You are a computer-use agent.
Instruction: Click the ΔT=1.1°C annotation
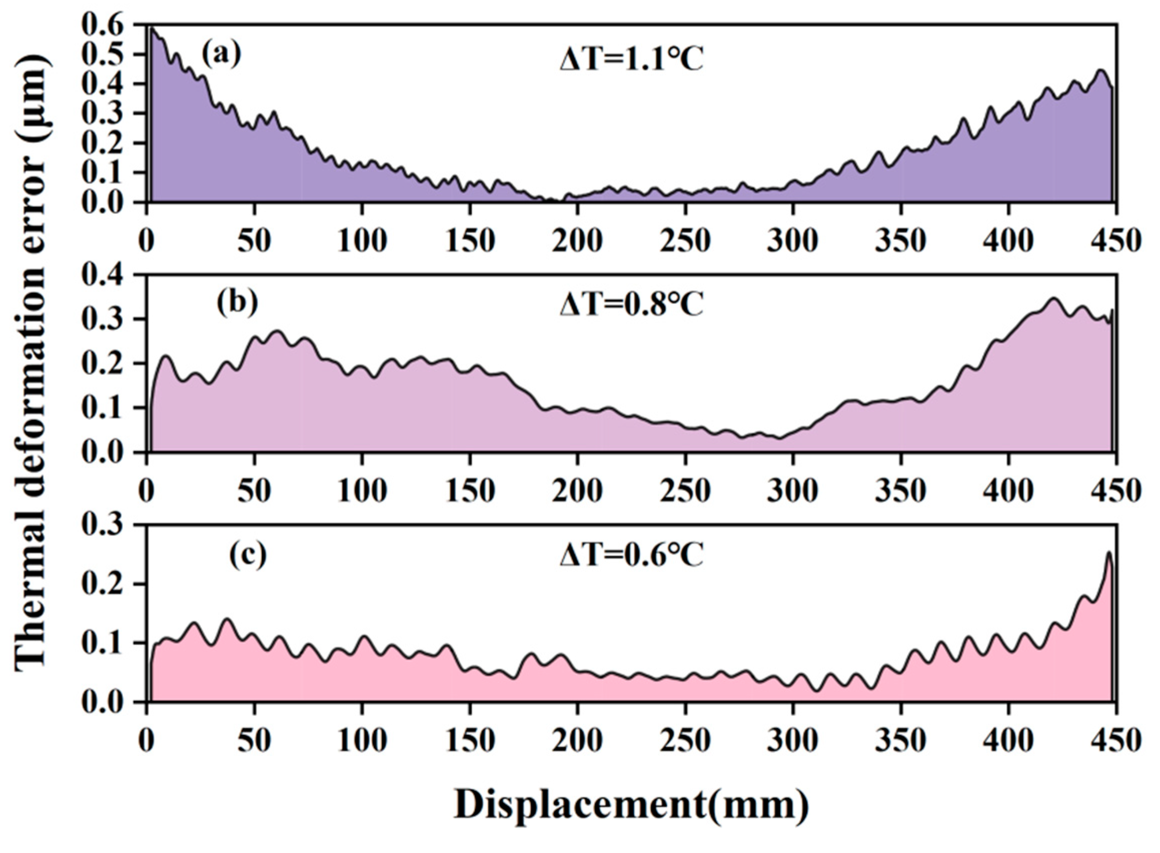631,61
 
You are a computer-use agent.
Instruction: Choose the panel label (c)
248,554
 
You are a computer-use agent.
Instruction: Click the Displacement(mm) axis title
631,805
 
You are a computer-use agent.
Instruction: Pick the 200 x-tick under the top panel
577,240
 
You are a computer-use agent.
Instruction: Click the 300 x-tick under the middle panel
792,490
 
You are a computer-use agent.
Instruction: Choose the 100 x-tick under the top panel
362,240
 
